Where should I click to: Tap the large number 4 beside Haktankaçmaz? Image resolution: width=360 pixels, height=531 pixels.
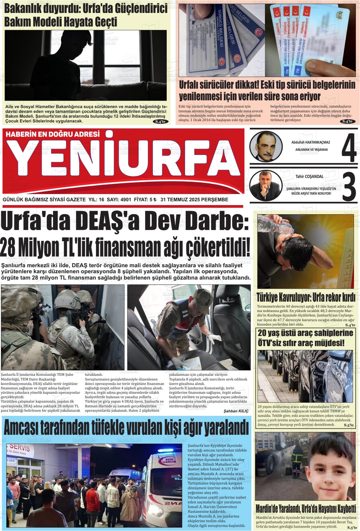point(349,149)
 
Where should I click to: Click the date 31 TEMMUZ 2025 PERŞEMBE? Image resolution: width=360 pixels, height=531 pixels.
point(194,200)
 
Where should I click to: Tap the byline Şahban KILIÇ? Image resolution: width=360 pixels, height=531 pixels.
point(236,411)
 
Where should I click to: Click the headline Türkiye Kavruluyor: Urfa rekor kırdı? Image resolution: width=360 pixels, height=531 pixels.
point(306,298)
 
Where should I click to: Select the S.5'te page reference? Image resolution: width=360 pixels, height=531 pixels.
point(349,426)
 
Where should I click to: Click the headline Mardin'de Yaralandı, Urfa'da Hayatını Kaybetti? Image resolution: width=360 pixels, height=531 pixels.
point(306,508)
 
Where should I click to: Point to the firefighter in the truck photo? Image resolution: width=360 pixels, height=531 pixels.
point(297,461)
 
